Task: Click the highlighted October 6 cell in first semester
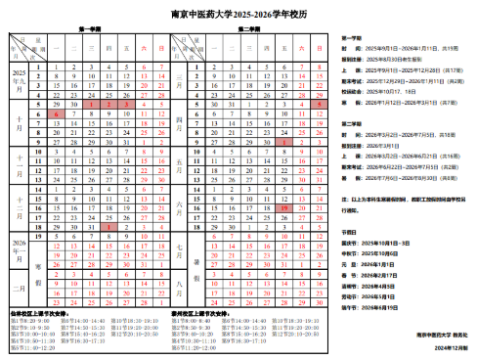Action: click(x=59, y=113)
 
